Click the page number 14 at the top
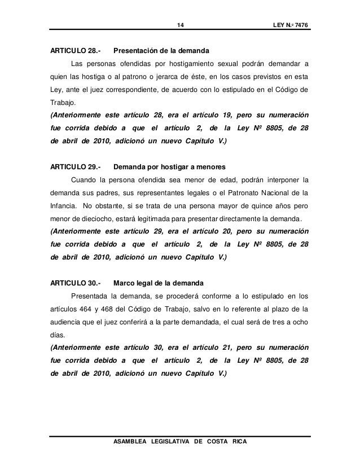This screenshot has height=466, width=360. (x=181, y=25)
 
